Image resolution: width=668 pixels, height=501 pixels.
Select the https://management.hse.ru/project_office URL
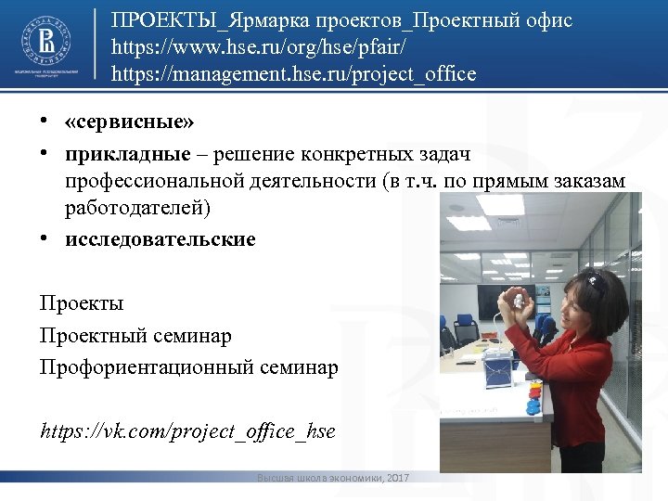coord(293,73)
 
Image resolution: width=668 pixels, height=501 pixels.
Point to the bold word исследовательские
coord(160,239)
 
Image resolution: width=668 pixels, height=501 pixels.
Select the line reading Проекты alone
coord(82,303)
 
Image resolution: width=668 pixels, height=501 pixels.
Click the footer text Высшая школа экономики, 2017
coord(333,477)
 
